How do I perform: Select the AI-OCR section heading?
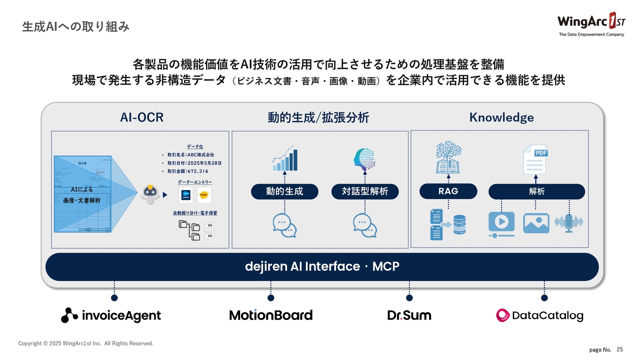pyautogui.click(x=141, y=117)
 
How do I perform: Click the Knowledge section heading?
pyautogui.click(x=501, y=117)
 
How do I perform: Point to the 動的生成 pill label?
pyautogui.click(x=284, y=191)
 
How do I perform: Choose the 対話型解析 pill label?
pyautogui.click(x=365, y=191)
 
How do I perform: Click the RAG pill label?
pyautogui.click(x=448, y=191)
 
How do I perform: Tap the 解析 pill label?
pyautogui.click(x=536, y=191)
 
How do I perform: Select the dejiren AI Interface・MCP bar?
pyautogui.click(x=322, y=266)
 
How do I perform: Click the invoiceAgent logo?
pyautogui.click(x=111, y=315)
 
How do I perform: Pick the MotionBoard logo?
pyautogui.click(x=270, y=315)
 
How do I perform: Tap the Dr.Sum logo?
pyautogui.click(x=409, y=315)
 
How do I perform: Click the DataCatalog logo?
pyautogui.click(x=539, y=315)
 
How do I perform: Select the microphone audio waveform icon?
pyautogui.click(x=569, y=222)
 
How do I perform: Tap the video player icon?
pyautogui.click(x=501, y=223)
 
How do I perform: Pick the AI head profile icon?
pyautogui.click(x=364, y=158)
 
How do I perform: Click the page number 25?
pyautogui.click(x=620, y=349)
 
